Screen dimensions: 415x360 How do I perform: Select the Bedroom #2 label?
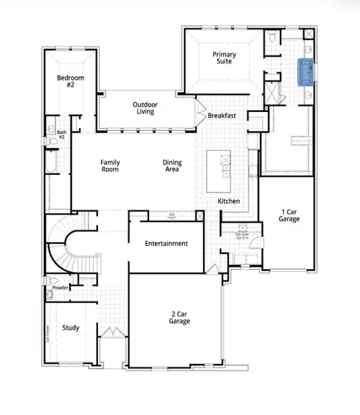tap(70, 82)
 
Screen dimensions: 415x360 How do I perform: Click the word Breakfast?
tap(222, 116)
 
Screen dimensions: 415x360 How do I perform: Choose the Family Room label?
tap(111, 165)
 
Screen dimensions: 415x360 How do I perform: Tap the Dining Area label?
tap(172, 165)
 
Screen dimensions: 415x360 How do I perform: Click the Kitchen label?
tap(229, 201)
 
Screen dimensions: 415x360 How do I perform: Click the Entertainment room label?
tap(167, 243)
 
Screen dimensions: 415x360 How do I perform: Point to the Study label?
tap(70, 328)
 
